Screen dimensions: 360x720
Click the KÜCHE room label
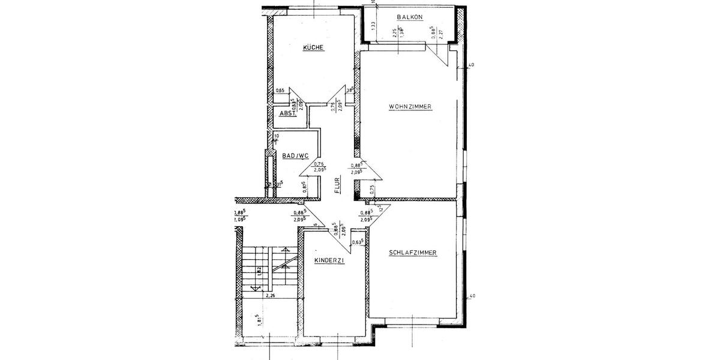[313, 47]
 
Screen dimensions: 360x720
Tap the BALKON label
[411, 17]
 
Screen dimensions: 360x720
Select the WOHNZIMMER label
[410, 107]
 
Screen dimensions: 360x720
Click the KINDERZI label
[329, 261]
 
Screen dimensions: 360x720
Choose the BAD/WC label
[295, 156]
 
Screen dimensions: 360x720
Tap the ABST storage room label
[289, 114]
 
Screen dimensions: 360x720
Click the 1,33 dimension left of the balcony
[373, 25]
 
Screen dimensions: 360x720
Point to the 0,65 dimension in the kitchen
[280, 91]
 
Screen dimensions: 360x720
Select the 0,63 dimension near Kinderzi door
[359, 242]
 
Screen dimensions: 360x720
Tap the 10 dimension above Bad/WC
[276, 136]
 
